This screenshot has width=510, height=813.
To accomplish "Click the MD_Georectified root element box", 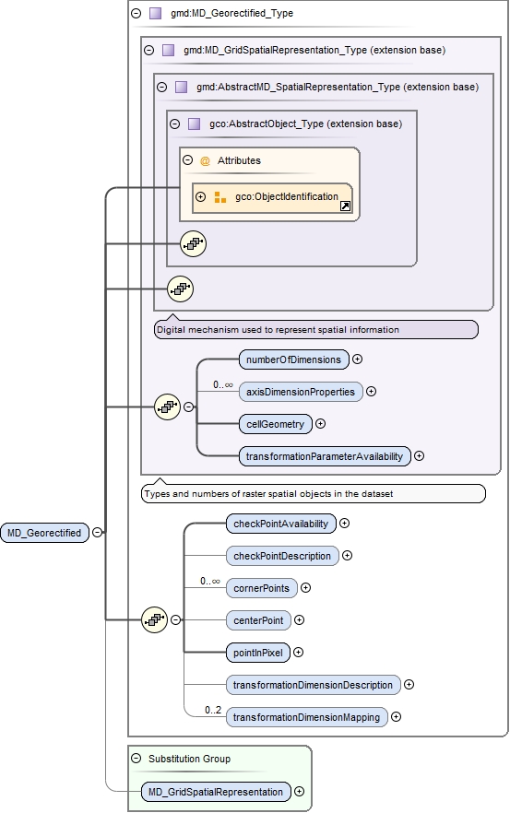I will [44, 532].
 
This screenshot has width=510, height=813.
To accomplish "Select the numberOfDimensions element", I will [292, 359].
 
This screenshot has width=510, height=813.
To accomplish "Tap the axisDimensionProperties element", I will [300, 392].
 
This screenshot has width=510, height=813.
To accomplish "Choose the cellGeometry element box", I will [274, 424].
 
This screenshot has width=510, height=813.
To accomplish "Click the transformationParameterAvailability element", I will [324, 456].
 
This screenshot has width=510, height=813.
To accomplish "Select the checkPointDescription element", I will [282, 556].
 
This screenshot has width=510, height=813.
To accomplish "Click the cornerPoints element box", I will [261, 588].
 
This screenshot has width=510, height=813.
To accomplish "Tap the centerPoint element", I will [258, 620].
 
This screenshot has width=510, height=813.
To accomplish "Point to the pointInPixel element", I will [258, 653].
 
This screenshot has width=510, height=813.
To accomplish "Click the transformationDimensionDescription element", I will [314, 685].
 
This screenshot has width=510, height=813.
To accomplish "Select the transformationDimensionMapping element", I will [307, 717].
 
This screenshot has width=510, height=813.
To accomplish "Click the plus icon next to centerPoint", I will [299, 620].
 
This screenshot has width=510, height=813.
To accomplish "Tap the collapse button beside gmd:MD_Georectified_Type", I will [136, 14].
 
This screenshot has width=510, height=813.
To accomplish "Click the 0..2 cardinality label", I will [214, 710].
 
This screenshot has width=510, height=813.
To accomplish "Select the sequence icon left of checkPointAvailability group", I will [154, 620].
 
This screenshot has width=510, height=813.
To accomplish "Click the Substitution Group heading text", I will [189, 759].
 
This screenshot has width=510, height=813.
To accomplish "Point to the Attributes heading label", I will [239, 160].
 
